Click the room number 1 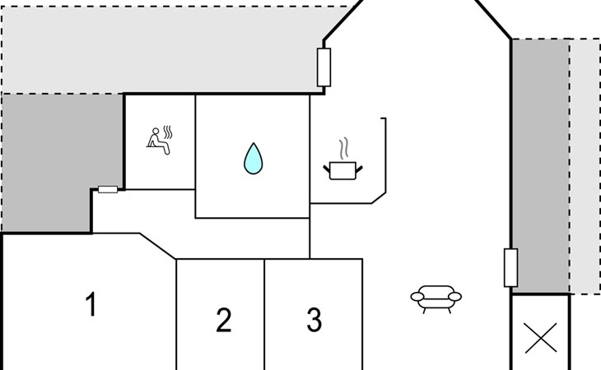[x=91, y=304]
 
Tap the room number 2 [x=224, y=320]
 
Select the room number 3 [x=314, y=320]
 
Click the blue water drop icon [x=254, y=159]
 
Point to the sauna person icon [x=159, y=140]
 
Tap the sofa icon [x=436, y=299]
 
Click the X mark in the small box [x=541, y=338]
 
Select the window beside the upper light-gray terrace [x=324, y=67]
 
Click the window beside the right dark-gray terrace [x=510, y=267]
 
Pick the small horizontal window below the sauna [x=108, y=189]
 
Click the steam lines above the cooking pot [x=344, y=149]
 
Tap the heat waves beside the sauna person [x=168, y=132]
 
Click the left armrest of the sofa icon [x=417, y=297]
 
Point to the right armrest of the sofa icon [x=455, y=297]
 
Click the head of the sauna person [x=156, y=132]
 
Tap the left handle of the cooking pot [x=327, y=169]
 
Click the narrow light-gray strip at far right [x=585, y=166]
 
